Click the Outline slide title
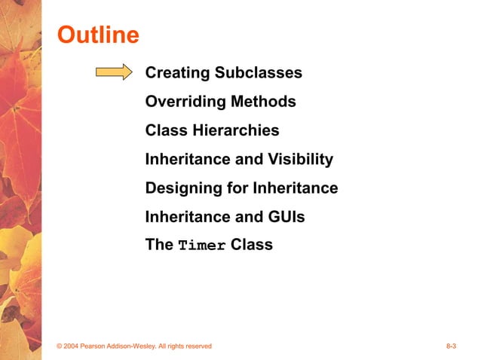tap(99, 35)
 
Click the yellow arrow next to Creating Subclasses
tap(114, 72)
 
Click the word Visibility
tap(300, 159)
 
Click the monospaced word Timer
tap(202, 246)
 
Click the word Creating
tap(178, 73)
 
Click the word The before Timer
tap(159, 245)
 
